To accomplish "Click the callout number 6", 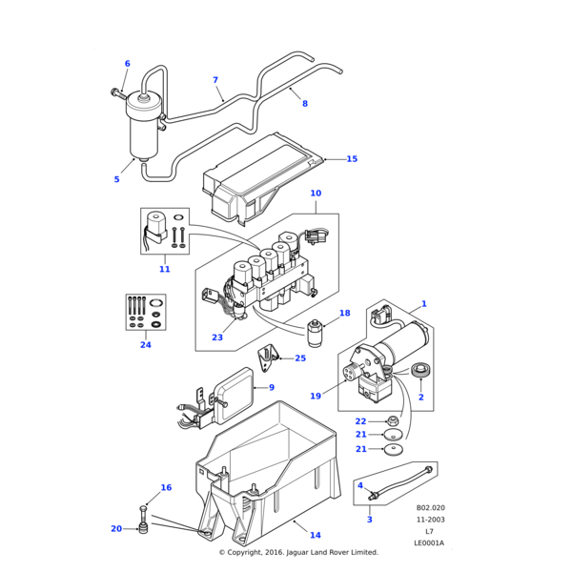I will click(127, 64).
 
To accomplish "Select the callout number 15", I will click(352, 159).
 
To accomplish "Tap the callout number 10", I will click(316, 194).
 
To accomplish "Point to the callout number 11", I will click(164, 269).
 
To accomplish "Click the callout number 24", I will click(146, 344).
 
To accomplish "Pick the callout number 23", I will click(217, 337).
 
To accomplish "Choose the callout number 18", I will click(344, 313).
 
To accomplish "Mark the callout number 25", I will click(300, 358).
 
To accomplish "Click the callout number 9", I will click(271, 387).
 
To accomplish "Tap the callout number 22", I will click(360, 420).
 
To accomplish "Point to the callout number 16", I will click(166, 487).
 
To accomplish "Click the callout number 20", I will click(116, 528).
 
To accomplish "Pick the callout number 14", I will click(315, 535).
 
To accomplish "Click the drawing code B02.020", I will click(430, 509).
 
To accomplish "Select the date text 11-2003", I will click(430, 521).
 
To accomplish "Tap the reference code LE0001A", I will click(429, 543).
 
